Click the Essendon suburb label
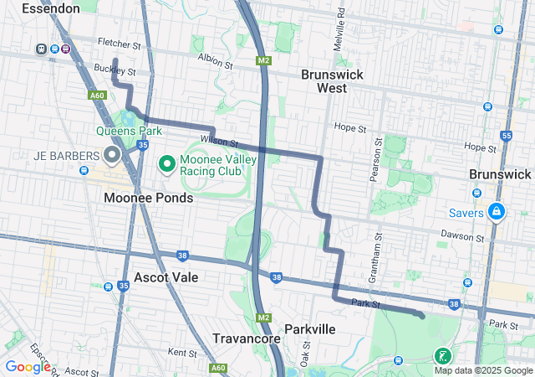coord(51,8)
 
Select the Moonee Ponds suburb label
coord(148,198)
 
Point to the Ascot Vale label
coord(166,276)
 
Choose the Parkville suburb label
coord(309,329)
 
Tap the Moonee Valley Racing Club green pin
coord(166,161)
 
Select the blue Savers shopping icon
coord(497,211)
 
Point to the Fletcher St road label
coord(120,43)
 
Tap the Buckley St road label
coord(115,70)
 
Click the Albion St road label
coord(217,58)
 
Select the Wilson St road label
coord(219,142)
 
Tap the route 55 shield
coord(506,136)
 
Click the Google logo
coord(28,366)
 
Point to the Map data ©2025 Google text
coord(482,370)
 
